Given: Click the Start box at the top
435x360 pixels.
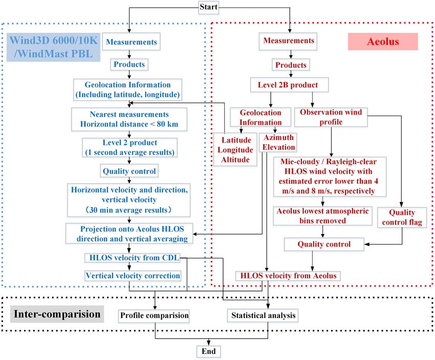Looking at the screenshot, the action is (x=209, y=7).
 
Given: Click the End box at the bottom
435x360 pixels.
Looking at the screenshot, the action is (x=209, y=351).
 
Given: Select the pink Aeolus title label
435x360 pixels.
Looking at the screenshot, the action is (x=383, y=41).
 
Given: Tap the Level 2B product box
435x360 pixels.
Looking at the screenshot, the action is (x=289, y=85).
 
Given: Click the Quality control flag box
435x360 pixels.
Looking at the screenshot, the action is (x=402, y=217).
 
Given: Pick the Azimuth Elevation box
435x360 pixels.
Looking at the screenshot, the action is (x=278, y=143).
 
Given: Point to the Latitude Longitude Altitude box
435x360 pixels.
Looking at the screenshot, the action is (x=235, y=150).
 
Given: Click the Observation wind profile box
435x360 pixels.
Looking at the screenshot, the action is (x=331, y=117).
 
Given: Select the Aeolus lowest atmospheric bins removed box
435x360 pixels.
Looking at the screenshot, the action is (x=322, y=216).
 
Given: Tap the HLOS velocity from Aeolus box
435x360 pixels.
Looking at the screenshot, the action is (x=288, y=276).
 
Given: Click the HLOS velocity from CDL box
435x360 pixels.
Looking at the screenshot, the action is (x=133, y=258).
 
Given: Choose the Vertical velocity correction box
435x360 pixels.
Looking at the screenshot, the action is (x=133, y=276).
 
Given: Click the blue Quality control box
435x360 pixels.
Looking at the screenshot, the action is (x=129, y=171).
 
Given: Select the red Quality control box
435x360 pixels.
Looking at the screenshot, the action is (x=324, y=244).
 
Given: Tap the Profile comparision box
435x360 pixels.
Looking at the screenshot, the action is (x=154, y=316).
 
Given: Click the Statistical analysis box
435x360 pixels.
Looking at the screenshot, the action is (x=263, y=316).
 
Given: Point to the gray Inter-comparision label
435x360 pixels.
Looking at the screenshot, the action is (x=57, y=314).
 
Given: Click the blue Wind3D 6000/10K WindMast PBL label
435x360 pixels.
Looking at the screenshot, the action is (x=54, y=47).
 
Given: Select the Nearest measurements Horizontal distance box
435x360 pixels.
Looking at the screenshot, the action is (x=129, y=120).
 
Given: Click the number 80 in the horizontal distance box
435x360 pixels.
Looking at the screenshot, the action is (x=161, y=124).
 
